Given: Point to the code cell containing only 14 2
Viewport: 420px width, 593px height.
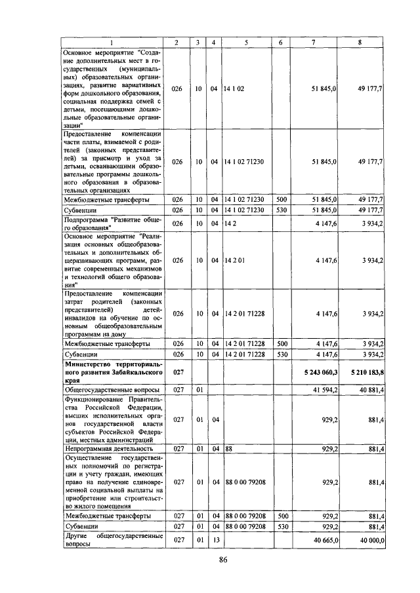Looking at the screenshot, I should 230,223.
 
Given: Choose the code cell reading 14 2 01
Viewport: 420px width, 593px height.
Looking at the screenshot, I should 234,260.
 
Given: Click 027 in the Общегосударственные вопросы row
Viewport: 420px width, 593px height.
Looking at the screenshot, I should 177,390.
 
